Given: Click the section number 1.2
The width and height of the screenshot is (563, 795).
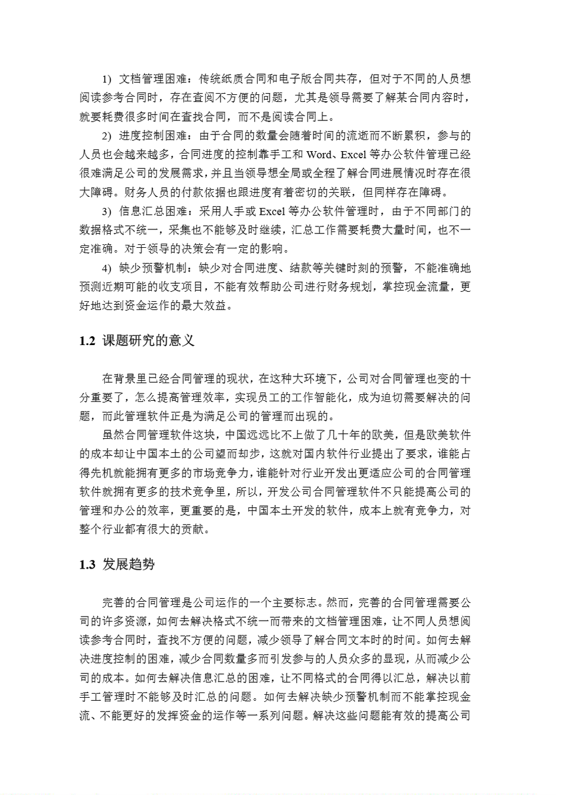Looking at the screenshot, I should pyautogui.click(x=87, y=341).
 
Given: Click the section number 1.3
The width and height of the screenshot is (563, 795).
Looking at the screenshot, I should pyautogui.click(x=87, y=564).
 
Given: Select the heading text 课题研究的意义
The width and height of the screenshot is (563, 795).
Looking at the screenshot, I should pyautogui.click(x=148, y=341).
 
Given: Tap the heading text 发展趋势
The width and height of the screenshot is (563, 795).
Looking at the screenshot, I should pyautogui.click(x=129, y=564).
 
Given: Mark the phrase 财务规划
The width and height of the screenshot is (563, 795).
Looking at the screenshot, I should pyautogui.click(x=350, y=288).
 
